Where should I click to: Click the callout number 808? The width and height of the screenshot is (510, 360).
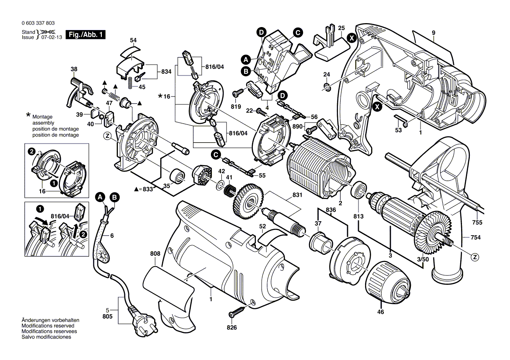[x=155, y=253]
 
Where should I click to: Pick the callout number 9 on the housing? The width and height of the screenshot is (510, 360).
[x=434, y=32]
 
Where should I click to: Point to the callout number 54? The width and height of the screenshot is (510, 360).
[x=133, y=40]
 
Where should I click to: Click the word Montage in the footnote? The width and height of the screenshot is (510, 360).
[x=42, y=117]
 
